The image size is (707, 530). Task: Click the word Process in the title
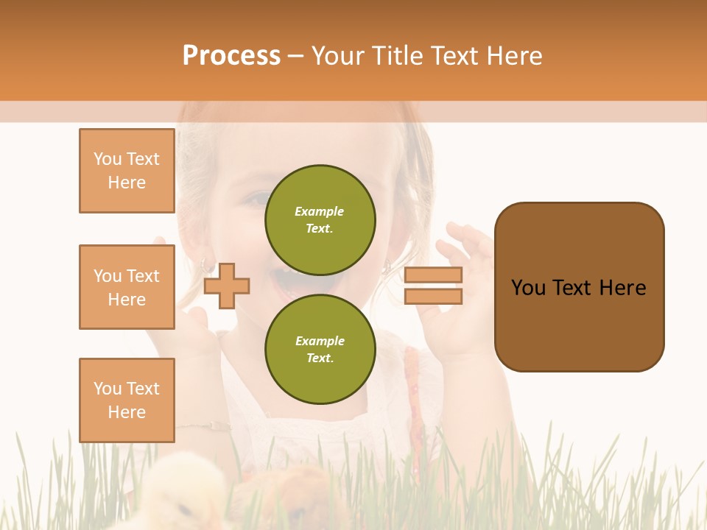(x=231, y=56)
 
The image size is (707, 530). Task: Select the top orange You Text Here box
(x=127, y=171)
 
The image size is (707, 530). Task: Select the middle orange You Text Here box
(x=127, y=287)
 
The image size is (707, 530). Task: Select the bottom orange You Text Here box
(x=127, y=400)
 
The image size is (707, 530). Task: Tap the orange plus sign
(x=227, y=285)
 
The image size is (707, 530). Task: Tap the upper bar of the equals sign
(x=433, y=275)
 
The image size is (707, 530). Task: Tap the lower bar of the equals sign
(x=433, y=297)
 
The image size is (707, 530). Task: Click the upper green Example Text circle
(x=320, y=219)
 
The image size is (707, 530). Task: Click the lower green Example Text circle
(x=320, y=349)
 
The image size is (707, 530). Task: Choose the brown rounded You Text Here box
(x=579, y=287)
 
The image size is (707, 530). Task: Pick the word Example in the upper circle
(x=320, y=211)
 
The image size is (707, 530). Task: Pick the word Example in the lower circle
(x=320, y=341)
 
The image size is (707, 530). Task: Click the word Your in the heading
(x=337, y=56)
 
